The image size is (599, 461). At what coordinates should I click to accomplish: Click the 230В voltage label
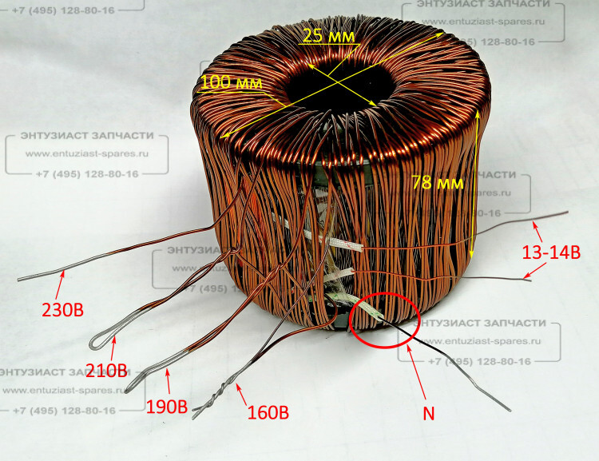pos(61,308)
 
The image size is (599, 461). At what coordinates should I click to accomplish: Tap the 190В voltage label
pos(166,405)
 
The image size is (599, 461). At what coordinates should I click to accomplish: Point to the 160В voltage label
pos(267,413)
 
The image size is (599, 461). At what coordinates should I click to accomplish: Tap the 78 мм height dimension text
pos(435,183)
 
